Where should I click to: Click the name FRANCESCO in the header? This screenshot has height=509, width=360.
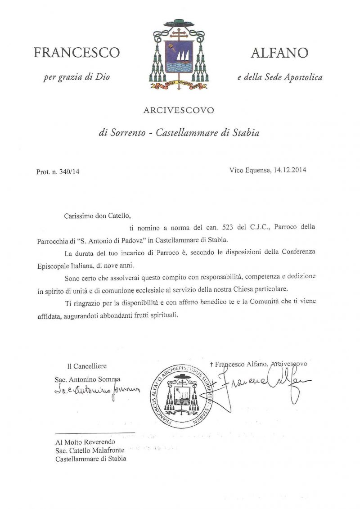click(x=76, y=53)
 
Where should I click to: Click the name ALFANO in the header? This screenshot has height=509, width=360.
click(x=279, y=53)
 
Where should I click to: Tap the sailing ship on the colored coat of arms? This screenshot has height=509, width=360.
click(x=180, y=56)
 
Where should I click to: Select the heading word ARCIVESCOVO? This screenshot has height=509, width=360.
click(x=179, y=110)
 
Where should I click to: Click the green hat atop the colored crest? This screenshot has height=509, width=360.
click(x=179, y=23)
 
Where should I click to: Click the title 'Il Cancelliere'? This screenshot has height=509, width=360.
click(x=87, y=366)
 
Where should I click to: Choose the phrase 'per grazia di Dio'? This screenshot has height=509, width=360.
click(x=76, y=77)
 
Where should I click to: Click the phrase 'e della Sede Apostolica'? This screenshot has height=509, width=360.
click(x=280, y=77)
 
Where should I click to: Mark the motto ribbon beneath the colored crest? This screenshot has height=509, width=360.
click(x=179, y=84)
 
